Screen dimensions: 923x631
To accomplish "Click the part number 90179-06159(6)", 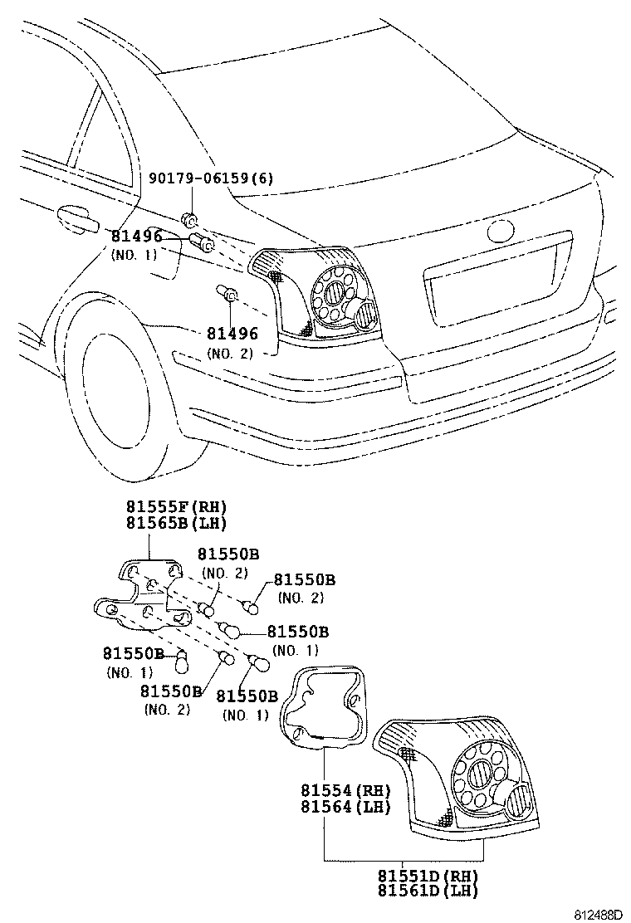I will pyautogui.click(x=211, y=178).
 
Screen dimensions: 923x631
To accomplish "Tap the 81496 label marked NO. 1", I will pyautogui.click(x=137, y=237).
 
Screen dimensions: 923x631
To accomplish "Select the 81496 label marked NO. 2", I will pyautogui.click(x=232, y=334).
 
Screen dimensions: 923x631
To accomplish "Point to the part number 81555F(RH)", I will pyautogui.click(x=176, y=507).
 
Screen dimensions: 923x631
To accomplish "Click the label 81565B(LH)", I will pyautogui.click(x=176, y=523).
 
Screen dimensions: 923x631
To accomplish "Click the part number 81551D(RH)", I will pyautogui.click(x=428, y=876).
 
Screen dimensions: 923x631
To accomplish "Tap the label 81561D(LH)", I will pyautogui.click(x=428, y=891).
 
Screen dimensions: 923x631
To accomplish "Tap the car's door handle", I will pyautogui.click(x=76, y=220).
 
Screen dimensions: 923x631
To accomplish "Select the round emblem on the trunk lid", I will pyautogui.click(x=504, y=230).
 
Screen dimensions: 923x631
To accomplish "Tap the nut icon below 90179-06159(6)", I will pyautogui.click(x=190, y=219).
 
